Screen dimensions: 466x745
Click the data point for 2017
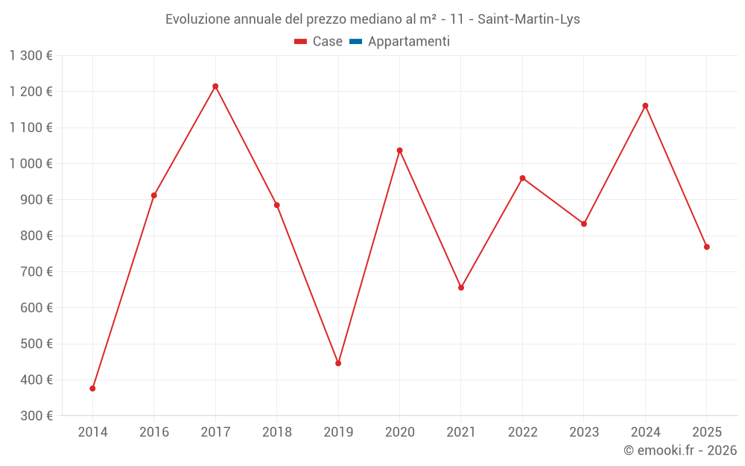click(x=215, y=86)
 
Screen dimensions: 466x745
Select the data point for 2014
click(x=92, y=388)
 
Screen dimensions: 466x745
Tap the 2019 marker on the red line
click(x=338, y=363)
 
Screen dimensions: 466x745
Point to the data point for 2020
click(x=399, y=151)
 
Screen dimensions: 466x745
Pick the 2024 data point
click(x=645, y=106)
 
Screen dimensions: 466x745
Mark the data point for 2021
click(x=461, y=288)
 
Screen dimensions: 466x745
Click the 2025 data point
click(x=706, y=247)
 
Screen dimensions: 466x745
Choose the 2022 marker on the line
click(x=522, y=178)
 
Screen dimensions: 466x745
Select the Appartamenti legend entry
click(x=408, y=42)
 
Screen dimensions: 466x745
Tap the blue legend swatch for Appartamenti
click(x=355, y=42)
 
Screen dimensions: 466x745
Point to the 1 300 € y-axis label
click(x=31, y=55)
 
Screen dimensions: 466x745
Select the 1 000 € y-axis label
click(x=31, y=163)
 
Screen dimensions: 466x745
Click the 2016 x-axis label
click(x=154, y=432)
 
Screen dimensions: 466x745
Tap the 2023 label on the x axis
click(x=584, y=432)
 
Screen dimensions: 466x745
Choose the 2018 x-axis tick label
click(x=276, y=432)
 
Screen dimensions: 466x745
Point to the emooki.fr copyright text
click(x=679, y=450)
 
